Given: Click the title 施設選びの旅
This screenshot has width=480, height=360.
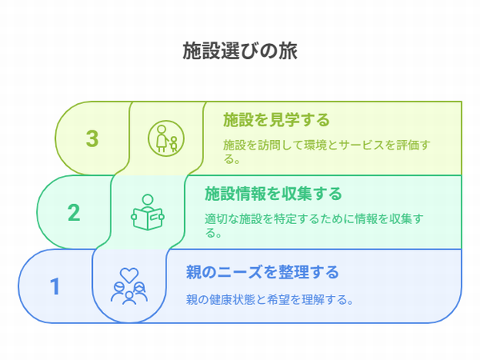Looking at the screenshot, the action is pos(240,51).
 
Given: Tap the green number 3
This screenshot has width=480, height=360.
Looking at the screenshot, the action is pos(92,138).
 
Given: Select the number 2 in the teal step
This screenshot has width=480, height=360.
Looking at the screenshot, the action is pos(74,213).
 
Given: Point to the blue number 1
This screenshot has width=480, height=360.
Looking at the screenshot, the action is pos(55,286).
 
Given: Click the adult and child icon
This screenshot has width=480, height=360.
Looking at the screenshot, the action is pos(166,138).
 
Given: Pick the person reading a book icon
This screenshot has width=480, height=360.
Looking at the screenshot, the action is pos(148,212).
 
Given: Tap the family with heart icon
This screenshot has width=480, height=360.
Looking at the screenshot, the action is pos(129,286).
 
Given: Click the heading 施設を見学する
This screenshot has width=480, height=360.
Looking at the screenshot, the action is pos(276,120).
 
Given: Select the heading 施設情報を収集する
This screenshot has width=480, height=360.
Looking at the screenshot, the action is pos(273,194).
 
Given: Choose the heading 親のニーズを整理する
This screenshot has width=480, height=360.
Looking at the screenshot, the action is pos(262,272).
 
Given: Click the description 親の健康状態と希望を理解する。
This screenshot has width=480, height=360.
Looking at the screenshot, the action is pos(270,299).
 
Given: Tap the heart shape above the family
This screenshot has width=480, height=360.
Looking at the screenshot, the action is pos(129,275).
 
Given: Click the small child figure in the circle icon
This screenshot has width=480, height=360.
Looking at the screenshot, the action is pos(174,144).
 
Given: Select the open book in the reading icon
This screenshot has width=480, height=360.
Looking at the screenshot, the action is pos(148,218).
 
